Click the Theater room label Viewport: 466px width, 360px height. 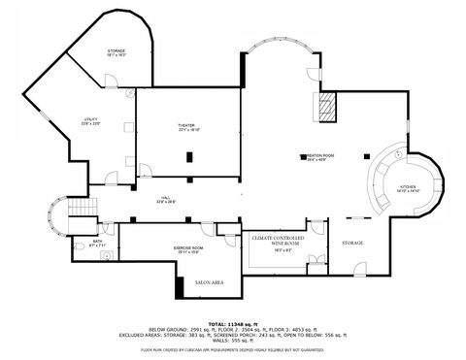click(187, 127)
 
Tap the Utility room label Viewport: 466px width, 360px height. click(90, 120)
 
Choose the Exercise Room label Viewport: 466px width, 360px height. click(189, 248)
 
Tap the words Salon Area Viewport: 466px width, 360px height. click(210, 281)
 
